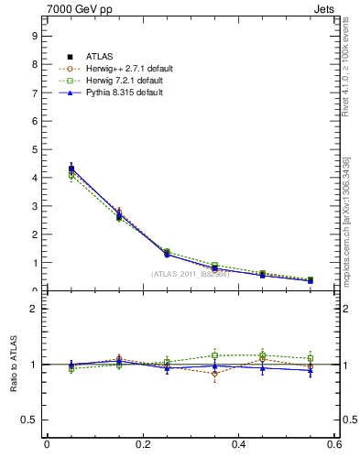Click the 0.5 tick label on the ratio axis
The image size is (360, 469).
[x=29, y=420]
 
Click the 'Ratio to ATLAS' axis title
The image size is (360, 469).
[x=13, y=365]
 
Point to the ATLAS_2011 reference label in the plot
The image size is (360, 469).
[x=190, y=274]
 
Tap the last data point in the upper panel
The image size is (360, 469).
[x=311, y=280]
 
